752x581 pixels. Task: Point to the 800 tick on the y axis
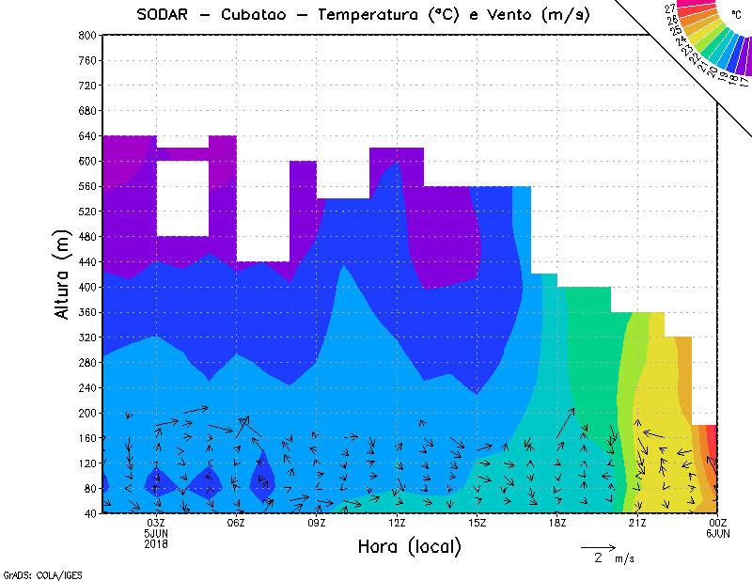[x=87, y=35]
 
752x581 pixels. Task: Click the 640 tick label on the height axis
[x=87, y=135]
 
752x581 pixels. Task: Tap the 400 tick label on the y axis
[x=87, y=287]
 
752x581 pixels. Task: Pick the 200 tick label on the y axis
[x=87, y=413]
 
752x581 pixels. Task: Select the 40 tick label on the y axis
[x=90, y=513]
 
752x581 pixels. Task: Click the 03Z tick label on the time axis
[x=156, y=523]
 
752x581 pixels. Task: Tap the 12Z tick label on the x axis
[x=397, y=523]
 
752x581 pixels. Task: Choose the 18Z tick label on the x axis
[x=557, y=523]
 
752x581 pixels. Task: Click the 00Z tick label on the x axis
[x=718, y=523]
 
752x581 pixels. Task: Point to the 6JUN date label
[x=718, y=533]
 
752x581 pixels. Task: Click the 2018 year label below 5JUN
[x=156, y=543]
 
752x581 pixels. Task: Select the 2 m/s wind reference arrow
[x=597, y=546]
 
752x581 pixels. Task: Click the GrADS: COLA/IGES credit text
[x=31, y=573]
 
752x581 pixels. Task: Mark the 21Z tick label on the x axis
[x=637, y=523]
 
